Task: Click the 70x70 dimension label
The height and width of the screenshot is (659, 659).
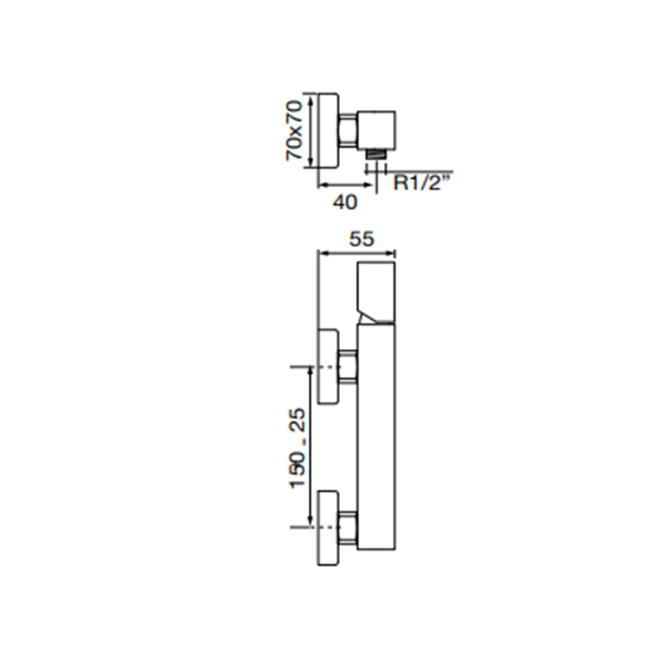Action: (x=294, y=130)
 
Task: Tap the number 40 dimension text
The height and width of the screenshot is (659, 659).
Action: (x=346, y=202)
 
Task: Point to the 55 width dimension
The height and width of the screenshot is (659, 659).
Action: (x=362, y=239)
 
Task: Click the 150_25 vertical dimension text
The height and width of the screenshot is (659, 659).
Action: (x=297, y=448)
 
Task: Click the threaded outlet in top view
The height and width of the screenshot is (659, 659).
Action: (x=376, y=153)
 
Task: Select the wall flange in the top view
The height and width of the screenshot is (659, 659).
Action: (x=328, y=131)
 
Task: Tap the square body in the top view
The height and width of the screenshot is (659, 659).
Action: (x=377, y=130)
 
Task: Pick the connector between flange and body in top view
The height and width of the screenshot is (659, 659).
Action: (x=347, y=130)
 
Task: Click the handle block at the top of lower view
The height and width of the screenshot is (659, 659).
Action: (x=377, y=294)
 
